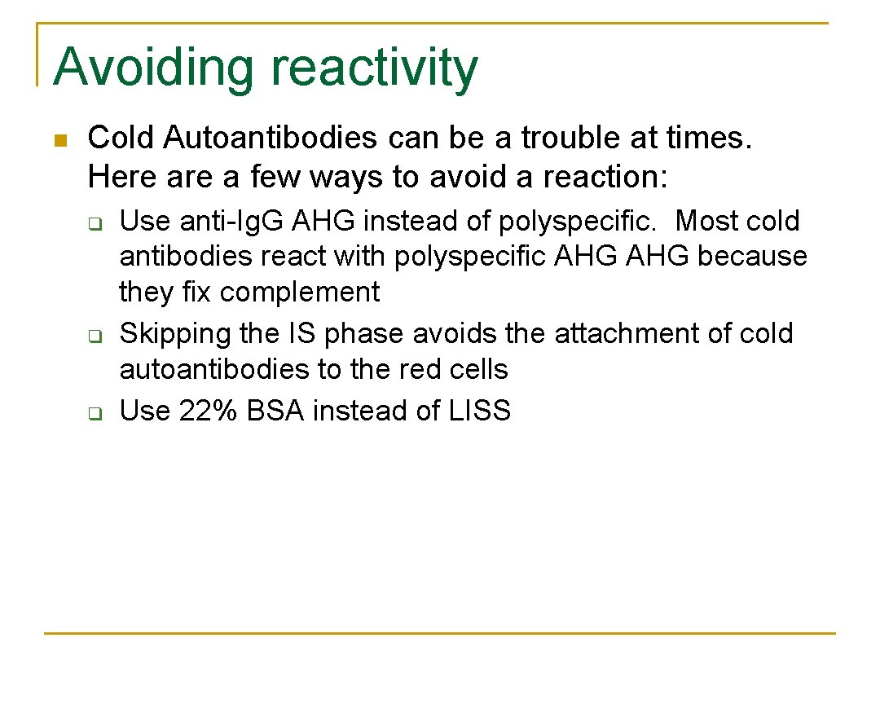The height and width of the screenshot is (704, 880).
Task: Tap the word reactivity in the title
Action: [374, 68]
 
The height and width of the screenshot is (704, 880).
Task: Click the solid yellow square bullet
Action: [59, 140]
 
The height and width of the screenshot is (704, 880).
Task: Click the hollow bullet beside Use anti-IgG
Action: [94, 223]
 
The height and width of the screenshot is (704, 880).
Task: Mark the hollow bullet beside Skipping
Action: [94, 336]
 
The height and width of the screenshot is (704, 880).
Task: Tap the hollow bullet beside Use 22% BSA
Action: [94, 413]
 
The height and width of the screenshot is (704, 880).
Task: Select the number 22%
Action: [209, 411]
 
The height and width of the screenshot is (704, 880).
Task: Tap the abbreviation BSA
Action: [275, 411]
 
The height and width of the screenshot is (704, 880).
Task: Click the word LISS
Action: [480, 411]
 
